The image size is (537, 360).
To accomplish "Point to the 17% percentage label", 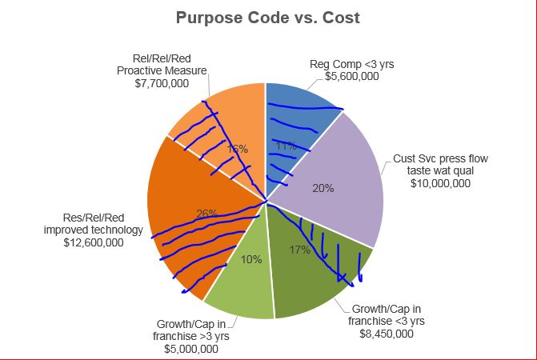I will click(x=299, y=250).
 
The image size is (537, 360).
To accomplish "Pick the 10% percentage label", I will click(x=250, y=259).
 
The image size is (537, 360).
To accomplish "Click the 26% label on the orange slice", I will click(x=207, y=214).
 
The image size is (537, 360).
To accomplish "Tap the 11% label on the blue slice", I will click(x=286, y=146).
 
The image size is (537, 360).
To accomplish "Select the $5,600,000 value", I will click(x=352, y=77).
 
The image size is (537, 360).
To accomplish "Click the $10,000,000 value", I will click(x=439, y=183).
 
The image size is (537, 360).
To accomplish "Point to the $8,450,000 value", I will click(x=387, y=334).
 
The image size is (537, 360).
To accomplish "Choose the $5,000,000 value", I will click(x=191, y=349).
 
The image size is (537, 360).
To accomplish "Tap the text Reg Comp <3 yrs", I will click(x=352, y=64).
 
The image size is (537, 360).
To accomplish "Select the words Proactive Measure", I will click(x=157, y=70).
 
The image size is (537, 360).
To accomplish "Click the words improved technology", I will click(x=93, y=230).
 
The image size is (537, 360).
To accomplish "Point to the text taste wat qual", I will click(x=439, y=170).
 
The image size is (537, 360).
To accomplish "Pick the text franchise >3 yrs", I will click(x=191, y=336).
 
